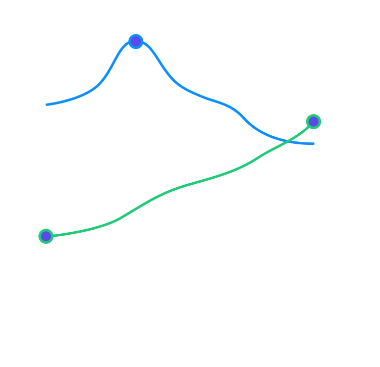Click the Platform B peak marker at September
[135, 41]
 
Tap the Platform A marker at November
[313, 121]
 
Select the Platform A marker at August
[46, 236]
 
